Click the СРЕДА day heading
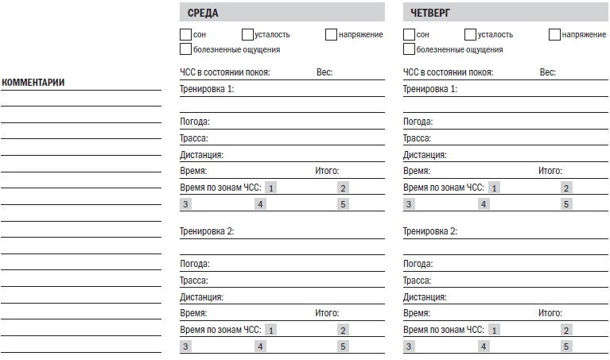point(203,13)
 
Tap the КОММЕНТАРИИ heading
point(33,83)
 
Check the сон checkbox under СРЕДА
point(185,34)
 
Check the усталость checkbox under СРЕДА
point(247,34)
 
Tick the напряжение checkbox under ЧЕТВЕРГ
point(554,34)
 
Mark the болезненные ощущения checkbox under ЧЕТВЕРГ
point(409,49)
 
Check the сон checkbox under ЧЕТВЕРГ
point(409,34)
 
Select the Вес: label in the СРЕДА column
point(324,72)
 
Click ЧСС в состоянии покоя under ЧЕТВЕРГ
point(448,72)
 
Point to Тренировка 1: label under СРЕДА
point(207,88)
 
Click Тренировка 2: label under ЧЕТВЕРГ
point(430,231)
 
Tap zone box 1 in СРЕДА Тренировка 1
point(271,188)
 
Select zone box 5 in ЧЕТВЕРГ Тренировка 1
point(566,204)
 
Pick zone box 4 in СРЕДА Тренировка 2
point(260,346)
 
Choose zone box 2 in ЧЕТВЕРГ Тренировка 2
point(566,330)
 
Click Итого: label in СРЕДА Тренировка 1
point(327,171)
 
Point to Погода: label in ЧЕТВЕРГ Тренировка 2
point(418,264)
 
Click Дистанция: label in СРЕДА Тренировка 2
point(201,297)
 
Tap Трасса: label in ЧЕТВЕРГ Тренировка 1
point(417,138)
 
